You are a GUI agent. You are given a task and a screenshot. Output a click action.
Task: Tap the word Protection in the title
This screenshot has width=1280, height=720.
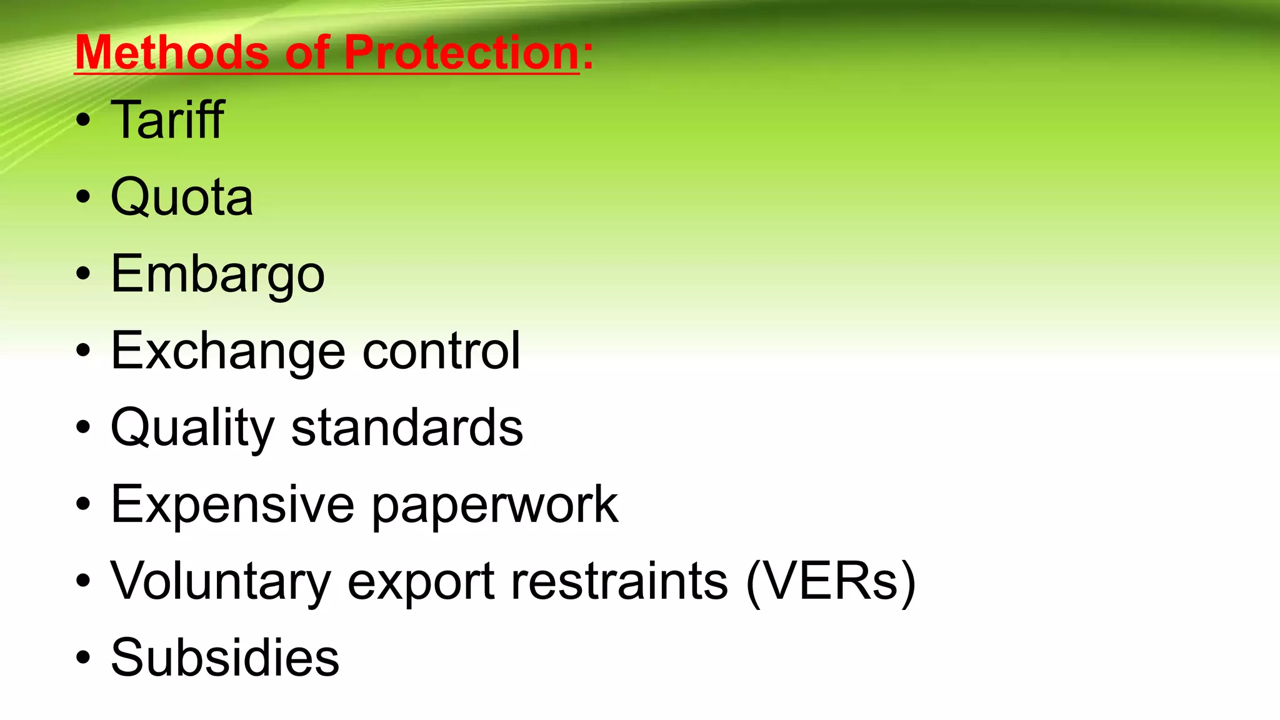click(x=462, y=52)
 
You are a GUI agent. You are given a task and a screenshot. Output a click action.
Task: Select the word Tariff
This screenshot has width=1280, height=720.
click(x=167, y=120)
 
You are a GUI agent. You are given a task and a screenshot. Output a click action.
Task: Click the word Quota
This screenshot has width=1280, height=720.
click(x=182, y=197)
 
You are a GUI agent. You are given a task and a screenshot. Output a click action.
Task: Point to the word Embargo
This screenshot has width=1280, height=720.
click(x=217, y=274)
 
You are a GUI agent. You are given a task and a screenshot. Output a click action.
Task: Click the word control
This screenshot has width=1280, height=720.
click(x=441, y=351)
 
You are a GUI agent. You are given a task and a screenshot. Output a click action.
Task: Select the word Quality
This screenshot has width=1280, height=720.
click(x=192, y=429)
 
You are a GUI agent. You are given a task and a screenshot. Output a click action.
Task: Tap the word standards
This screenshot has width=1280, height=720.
click(x=407, y=429)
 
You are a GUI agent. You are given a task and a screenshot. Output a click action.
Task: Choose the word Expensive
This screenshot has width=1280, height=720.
click(x=232, y=505)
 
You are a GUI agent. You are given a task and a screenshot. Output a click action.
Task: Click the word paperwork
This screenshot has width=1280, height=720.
click(x=495, y=505)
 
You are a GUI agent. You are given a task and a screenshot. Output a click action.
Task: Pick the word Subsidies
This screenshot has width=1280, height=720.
click(x=225, y=658)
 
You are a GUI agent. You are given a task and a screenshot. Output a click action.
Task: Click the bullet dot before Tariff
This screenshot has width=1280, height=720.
click(x=83, y=121)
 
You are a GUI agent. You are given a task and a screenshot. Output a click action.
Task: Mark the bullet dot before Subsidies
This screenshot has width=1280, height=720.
click(x=83, y=658)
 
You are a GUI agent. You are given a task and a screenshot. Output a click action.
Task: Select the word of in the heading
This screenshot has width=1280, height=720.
click(x=307, y=52)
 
